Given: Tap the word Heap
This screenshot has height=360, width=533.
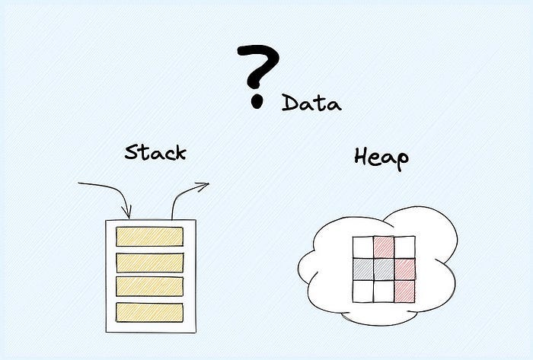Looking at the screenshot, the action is (x=381, y=158).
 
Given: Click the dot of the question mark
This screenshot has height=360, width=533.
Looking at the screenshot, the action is (x=257, y=99).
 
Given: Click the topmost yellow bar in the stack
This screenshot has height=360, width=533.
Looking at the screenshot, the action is (x=149, y=237).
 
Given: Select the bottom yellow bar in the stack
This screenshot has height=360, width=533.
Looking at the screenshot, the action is (x=149, y=312).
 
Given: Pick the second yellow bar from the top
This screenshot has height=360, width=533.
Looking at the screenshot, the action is (x=149, y=263).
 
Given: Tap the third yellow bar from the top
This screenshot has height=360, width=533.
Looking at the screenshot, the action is (x=149, y=287).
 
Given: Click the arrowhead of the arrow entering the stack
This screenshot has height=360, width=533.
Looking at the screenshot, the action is (x=128, y=212).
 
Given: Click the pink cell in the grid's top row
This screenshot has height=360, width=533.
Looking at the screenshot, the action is (x=383, y=247).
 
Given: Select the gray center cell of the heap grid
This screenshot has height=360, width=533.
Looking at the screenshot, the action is (x=383, y=269).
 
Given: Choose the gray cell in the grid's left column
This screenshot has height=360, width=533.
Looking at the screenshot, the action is (x=362, y=269).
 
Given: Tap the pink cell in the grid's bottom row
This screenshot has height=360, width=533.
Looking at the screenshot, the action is (x=404, y=290).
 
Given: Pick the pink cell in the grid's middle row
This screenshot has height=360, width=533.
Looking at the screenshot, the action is (x=404, y=269).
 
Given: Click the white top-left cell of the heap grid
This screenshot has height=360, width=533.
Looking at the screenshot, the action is (x=362, y=247).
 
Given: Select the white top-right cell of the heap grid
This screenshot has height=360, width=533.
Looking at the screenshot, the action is (x=404, y=247).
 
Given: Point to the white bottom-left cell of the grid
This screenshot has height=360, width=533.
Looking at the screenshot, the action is (x=362, y=290).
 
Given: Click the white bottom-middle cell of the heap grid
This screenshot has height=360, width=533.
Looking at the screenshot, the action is (x=383, y=290).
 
